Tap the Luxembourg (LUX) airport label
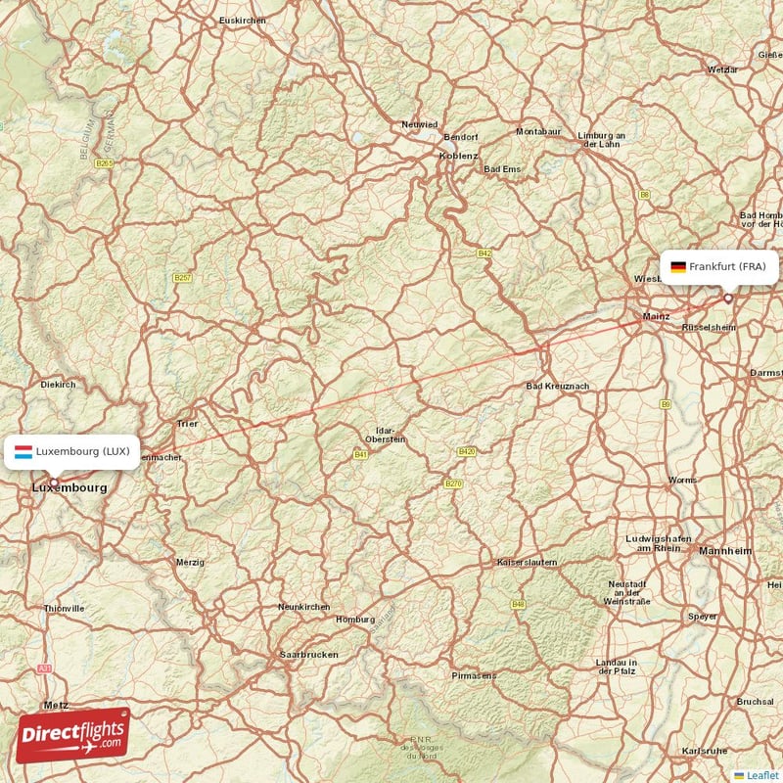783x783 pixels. pos(71,452)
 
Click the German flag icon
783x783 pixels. pos(677,266)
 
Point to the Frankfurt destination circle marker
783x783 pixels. pos(727,299)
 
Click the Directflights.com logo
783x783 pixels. pos(72,735)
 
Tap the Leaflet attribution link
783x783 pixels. pos(758,775)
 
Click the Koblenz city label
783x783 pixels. pos(459,156)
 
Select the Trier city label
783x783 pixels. pos(187,424)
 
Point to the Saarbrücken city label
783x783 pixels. pos(309,654)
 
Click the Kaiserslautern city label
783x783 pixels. pos(527,563)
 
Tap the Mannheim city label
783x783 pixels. pos(725,552)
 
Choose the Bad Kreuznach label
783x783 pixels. pos(558,387)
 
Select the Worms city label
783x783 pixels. pos(683,480)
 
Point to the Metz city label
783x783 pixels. pos(56,705)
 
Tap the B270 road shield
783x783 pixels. pos(452,484)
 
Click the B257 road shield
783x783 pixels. pos(183,278)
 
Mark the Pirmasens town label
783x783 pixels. pos(475,675)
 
